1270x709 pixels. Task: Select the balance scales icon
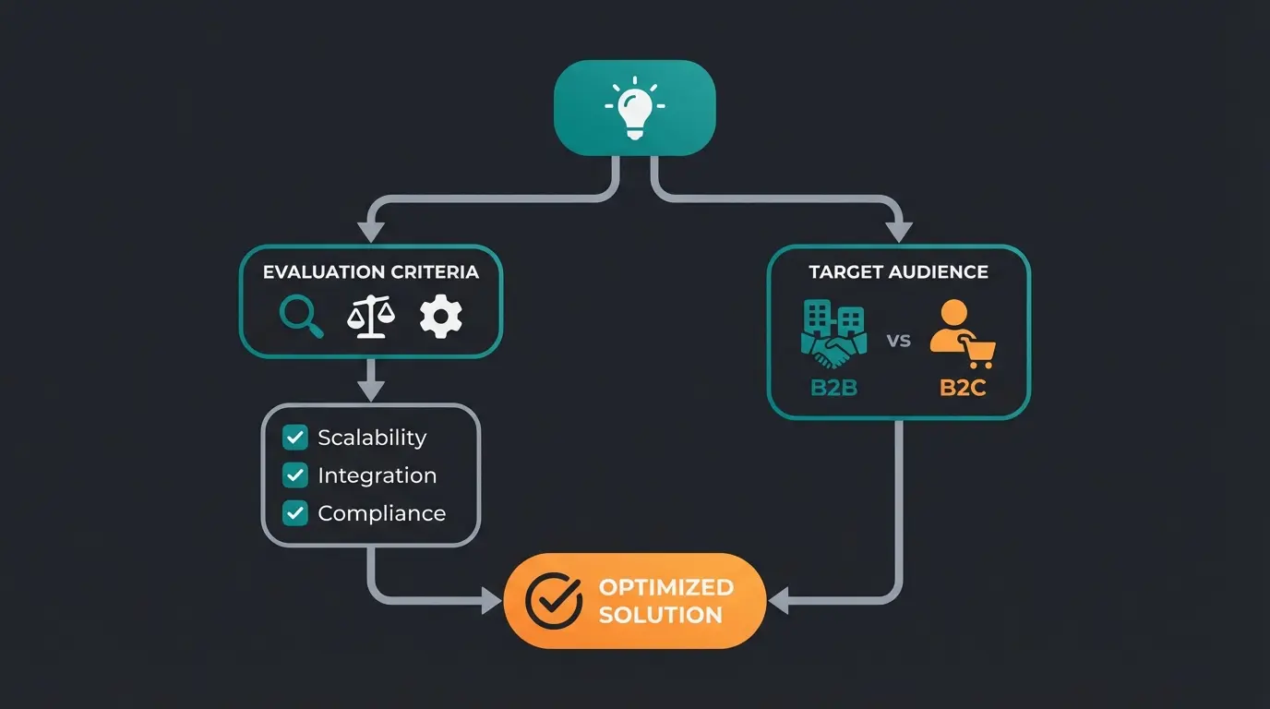pos(370,318)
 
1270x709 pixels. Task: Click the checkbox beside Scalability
pos(295,438)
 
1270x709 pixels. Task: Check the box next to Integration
pos(295,475)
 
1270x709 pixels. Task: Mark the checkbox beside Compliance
pos(295,513)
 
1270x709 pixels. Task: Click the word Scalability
pos(372,438)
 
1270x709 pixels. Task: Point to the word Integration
pos(377,475)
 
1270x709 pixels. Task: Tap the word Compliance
pos(381,513)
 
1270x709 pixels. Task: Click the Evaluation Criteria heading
pos(371,272)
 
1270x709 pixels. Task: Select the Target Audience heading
pos(898,272)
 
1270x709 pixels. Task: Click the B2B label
pos(833,388)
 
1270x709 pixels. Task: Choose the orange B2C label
pos(963,388)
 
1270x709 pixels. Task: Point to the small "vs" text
pos(898,340)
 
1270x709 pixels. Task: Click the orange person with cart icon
pos(961,335)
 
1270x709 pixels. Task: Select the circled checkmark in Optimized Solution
pos(554,601)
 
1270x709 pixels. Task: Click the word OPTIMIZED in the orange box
pos(665,587)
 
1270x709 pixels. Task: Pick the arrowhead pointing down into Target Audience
pos(898,232)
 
